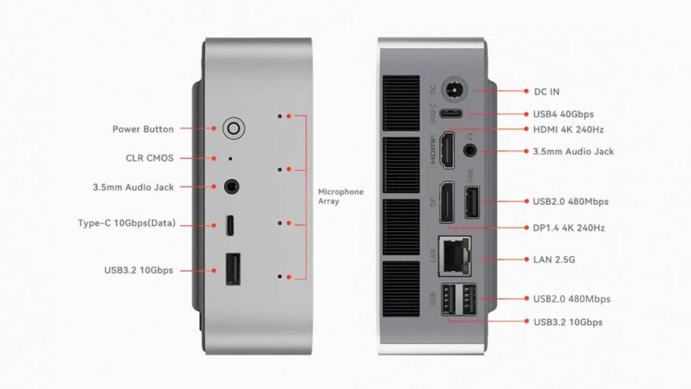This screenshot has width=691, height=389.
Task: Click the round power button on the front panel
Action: (x=234, y=129)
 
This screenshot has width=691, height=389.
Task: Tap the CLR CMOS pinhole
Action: (x=231, y=159)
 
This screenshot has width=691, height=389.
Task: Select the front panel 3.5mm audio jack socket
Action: (x=232, y=187)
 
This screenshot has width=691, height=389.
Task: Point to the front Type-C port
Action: (x=231, y=226)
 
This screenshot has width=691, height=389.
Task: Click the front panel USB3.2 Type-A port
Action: (x=233, y=269)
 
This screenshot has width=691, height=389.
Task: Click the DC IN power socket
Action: (x=455, y=90)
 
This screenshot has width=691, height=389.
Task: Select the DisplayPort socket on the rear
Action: (x=447, y=202)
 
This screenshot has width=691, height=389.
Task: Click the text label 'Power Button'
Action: (x=143, y=129)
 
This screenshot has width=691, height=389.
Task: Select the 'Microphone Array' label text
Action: (x=341, y=196)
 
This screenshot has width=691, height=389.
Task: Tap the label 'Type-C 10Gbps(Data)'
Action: (x=127, y=223)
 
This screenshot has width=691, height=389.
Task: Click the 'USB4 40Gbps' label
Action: (x=563, y=114)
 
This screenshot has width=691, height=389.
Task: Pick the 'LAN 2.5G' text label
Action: (x=554, y=259)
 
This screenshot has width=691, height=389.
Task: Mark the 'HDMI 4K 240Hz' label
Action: (x=568, y=130)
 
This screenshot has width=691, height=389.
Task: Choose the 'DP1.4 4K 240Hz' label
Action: (x=568, y=228)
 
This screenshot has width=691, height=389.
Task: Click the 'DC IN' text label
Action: (x=547, y=92)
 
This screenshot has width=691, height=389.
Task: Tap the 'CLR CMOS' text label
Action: (x=150, y=158)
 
